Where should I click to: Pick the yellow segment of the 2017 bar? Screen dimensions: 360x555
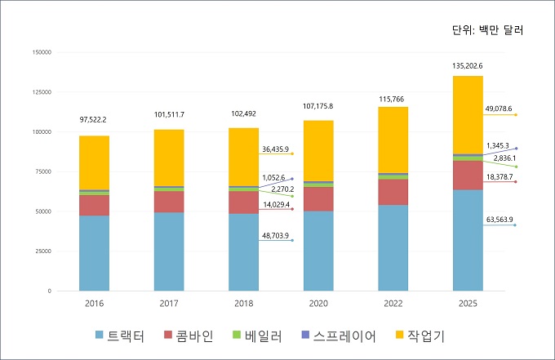click(169, 158)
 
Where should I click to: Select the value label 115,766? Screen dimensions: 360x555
click(393, 99)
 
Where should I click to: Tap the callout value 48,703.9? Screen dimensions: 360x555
click(276, 236)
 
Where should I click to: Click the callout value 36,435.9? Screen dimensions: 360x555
click(276, 149)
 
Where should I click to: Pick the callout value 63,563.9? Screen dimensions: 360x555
click(500, 220)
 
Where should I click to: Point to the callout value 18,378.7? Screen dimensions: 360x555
click(500, 177)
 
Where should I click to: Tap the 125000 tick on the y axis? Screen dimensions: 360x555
click(40, 92)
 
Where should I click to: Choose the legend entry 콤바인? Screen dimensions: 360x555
click(189, 336)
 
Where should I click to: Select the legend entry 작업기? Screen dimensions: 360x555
click(427, 336)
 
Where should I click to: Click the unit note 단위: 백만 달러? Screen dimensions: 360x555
click(487, 31)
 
